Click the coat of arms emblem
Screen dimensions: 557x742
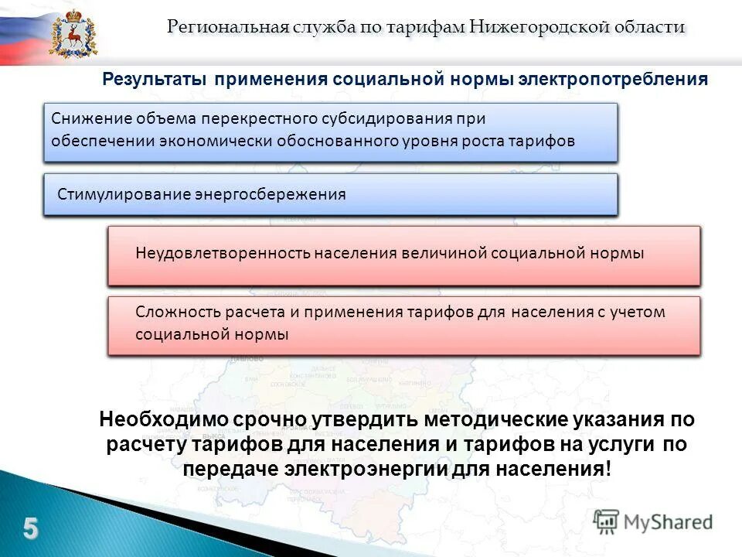[x=74, y=32]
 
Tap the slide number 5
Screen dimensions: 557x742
[x=30, y=528]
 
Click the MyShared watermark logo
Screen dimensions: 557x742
[x=653, y=522]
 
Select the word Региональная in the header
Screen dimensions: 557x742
[x=228, y=27]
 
